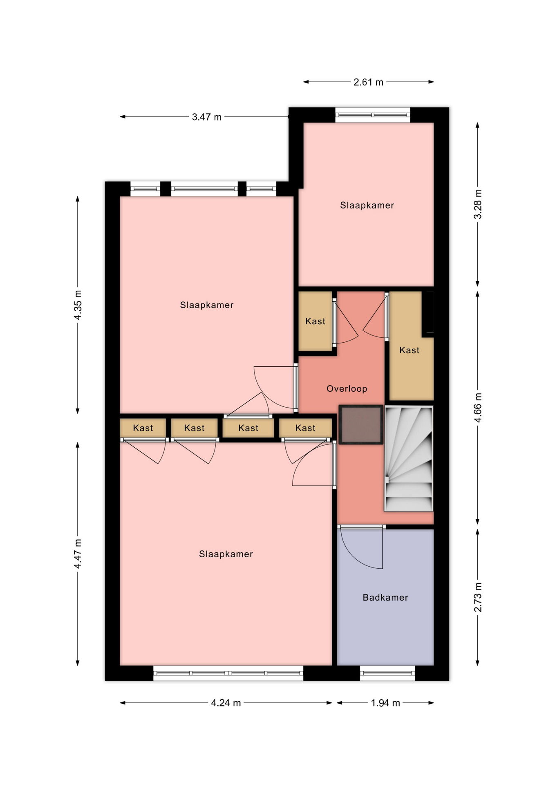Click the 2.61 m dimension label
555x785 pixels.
[368, 82]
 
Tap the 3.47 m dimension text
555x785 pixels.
[207, 117]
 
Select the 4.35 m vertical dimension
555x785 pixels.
[78, 305]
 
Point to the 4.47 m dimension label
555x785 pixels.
[78, 554]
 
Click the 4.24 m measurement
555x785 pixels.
[226, 703]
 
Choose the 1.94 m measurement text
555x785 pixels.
[385, 703]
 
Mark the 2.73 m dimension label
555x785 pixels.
[478, 597]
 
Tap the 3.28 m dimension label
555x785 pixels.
[478, 204]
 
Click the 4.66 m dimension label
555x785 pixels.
[478, 408]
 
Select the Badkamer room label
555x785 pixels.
[385, 597]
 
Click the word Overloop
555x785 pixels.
[347, 389]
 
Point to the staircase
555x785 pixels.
[409, 458]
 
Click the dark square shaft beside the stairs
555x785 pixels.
[361, 424]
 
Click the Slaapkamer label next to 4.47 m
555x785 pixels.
[226, 554]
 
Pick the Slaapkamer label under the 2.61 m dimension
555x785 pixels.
[367, 205]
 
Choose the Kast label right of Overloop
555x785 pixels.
[410, 350]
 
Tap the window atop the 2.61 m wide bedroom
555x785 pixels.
[373, 115]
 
